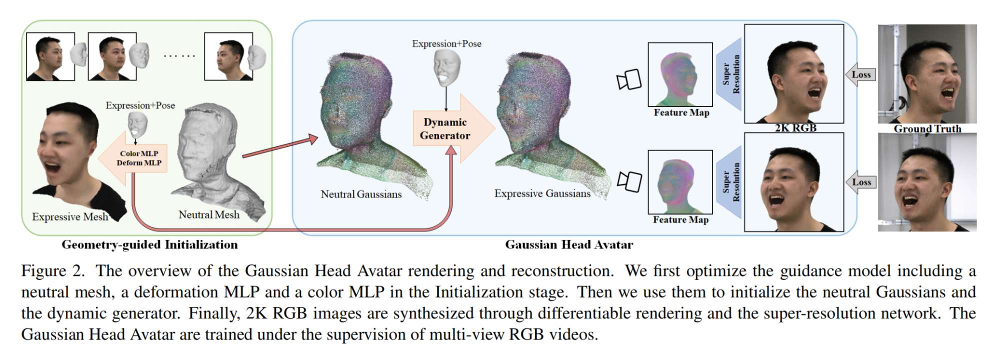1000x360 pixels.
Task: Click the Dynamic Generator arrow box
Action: coord(445,128)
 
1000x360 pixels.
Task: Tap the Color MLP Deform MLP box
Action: coord(138,158)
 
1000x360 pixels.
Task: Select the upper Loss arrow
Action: coord(860,74)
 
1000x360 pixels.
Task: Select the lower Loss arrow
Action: coord(860,182)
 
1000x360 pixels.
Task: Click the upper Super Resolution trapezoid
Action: coord(729,74)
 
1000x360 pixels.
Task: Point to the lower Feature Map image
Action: coord(680,182)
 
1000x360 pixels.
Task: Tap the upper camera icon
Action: coord(629,79)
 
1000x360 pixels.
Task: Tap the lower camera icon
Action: coord(629,181)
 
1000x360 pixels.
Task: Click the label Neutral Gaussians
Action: coord(361,194)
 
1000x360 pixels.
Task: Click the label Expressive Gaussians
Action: coord(542,193)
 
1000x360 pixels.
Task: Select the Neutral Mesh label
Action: coord(209,214)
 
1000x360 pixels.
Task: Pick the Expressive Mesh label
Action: coord(70,216)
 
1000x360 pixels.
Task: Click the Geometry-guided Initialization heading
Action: coord(149,244)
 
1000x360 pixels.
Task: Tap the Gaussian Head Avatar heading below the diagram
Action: coord(569,244)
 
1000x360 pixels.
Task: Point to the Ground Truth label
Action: coord(927,128)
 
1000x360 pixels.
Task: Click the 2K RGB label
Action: coord(795,128)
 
